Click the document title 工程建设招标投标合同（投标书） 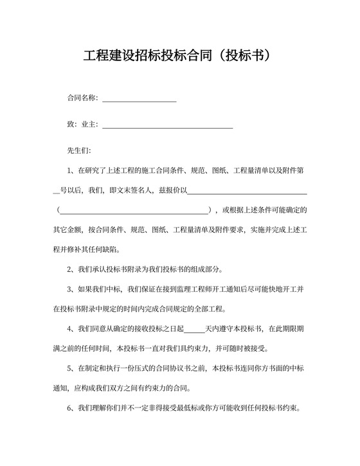coord(180,56)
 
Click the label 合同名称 coord(82,98)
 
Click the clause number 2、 coord(71,270)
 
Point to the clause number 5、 coord(71,370)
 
